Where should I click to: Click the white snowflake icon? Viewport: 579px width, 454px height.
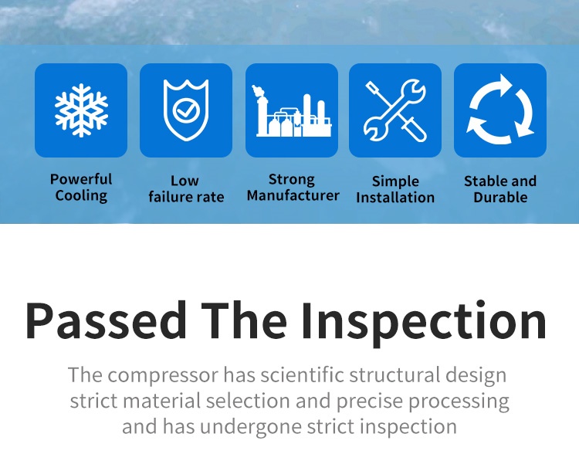click(81, 110)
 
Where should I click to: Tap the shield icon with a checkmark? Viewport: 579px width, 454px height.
click(186, 110)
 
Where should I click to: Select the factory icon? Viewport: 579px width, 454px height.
click(292, 110)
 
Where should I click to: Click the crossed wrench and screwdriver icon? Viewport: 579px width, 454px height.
click(395, 110)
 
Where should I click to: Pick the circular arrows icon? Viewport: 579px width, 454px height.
click(500, 110)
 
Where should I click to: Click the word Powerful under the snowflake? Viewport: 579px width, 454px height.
click(81, 179)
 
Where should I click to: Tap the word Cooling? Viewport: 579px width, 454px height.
click(81, 196)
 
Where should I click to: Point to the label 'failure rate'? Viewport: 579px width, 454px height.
click(186, 197)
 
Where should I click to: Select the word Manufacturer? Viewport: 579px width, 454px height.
click(293, 195)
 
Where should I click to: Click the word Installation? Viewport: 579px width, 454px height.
click(395, 197)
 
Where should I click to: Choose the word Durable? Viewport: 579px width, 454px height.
click(500, 197)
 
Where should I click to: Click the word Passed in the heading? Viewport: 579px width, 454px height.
click(106, 320)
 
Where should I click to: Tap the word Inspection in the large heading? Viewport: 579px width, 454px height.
click(423, 323)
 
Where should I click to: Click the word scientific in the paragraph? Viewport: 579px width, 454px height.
click(303, 374)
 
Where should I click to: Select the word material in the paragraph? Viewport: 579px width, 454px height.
click(162, 401)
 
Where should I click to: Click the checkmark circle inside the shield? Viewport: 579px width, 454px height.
click(186, 110)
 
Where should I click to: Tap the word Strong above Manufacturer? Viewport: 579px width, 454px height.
click(292, 180)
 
